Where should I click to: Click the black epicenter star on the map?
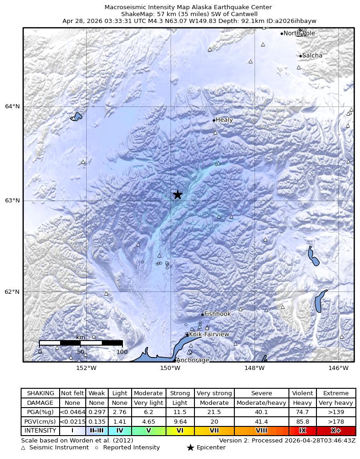pyautogui.click(x=177, y=195)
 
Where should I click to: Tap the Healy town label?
pyautogui.click(x=224, y=120)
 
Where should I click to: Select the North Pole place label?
pyautogui.click(x=299, y=34)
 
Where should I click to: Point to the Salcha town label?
pyautogui.click(x=312, y=56)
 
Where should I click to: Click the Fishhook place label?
pyautogui.click(x=217, y=314)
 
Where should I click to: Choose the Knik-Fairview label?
pyautogui.click(x=209, y=335)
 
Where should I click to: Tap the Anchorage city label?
pyautogui.click(x=193, y=360)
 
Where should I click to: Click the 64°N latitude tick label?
pyautogui.click(x=13, y=106)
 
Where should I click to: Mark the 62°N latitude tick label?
pyautogui.click(x=13, y=291)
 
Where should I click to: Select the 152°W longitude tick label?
pyautogui.click(x=86, y=368)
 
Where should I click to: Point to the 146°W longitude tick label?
pyautogui.click(x=338, y=368)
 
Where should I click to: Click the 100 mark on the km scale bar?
pyautogui.click(x=122, y=352)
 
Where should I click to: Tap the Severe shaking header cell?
pyautogui.click(x=261, y=393)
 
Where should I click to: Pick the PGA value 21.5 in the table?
pyautogui.click(x=214, y=412)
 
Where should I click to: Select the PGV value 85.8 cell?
pyautogui.click(x=302, y=421)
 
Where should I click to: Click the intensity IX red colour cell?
pyautogui.click(x=302, y=431)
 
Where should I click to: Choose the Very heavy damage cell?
pyautogui.click(x=336, y=403)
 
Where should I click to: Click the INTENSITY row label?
pyautogui.click(x=40, y=431)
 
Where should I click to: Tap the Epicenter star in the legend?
pyautogui.click(x=190, y=448)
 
